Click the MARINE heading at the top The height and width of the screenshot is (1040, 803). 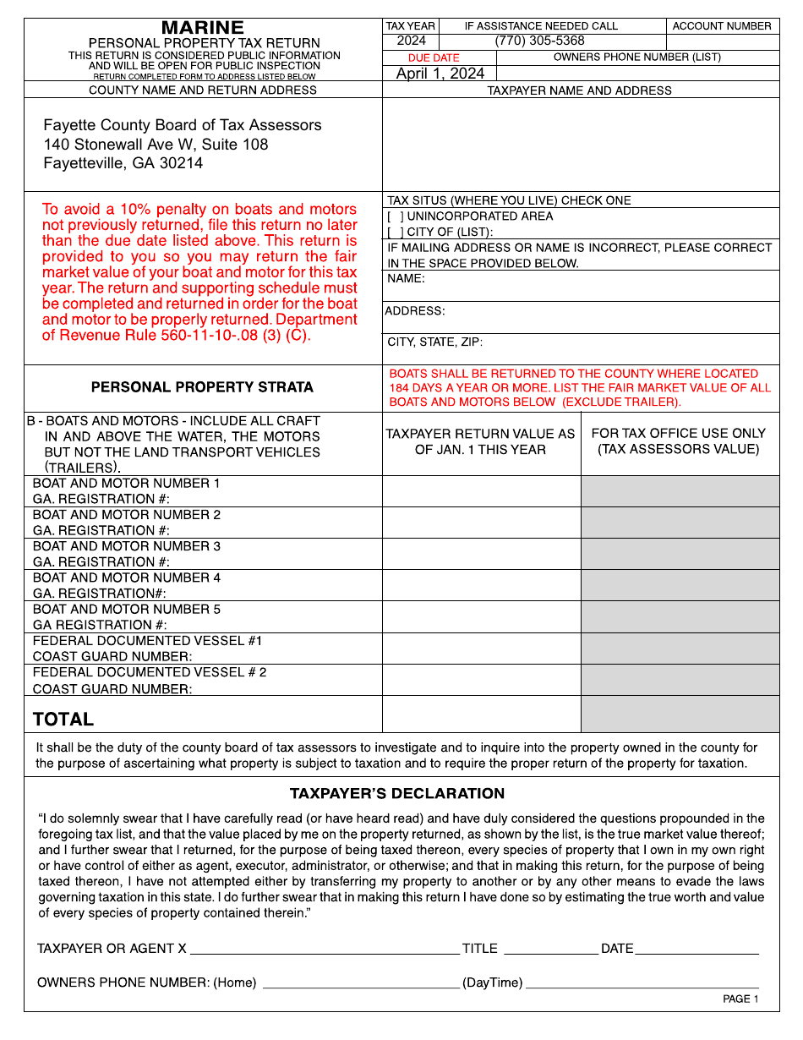tap(203, 28)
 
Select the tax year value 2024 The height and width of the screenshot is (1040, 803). tap(411, 41)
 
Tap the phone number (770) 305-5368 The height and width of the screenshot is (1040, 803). tap(539, 41)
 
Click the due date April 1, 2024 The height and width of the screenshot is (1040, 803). tap(440, 74)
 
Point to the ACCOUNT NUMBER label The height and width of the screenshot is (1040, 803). tap(722, 26)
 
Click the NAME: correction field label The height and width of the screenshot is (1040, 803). tap(407, 278)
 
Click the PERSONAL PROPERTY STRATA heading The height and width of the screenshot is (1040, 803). tap(202, 387)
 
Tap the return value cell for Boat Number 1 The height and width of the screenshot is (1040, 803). tap(481, 491)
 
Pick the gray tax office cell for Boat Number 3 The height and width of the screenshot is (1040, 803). tap(680, 554)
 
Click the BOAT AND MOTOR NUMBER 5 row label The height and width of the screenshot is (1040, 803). tap(127, 610)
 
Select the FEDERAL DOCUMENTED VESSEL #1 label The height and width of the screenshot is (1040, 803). tap(147, 641)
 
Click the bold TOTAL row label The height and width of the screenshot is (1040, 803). tap(63, 720)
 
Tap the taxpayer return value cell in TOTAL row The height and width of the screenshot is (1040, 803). tap(481, 714)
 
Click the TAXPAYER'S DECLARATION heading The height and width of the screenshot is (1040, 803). tap(397, 794)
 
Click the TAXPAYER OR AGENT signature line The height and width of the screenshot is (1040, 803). tap(325, 949)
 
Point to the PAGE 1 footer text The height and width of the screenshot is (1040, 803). tap(740, 999)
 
